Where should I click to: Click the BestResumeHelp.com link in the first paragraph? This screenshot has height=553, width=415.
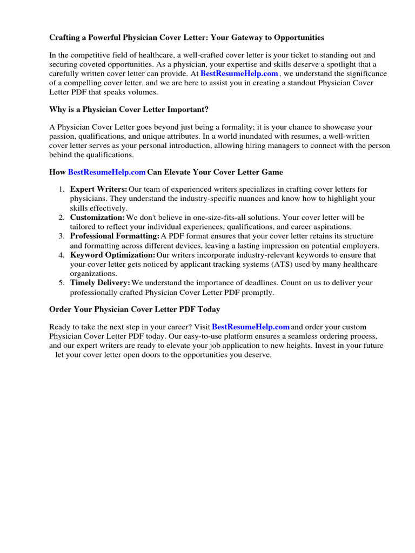click(239, 73)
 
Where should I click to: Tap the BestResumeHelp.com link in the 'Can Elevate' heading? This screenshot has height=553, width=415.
click(106, 172)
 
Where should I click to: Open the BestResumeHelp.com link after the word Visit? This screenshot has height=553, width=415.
click(251, 327)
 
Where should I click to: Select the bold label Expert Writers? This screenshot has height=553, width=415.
click(98, 189)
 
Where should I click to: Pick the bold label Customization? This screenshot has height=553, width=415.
click(97, 217)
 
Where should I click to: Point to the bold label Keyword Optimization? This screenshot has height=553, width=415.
click(112, 254)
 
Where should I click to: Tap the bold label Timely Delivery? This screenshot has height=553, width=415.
click(100, 282)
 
